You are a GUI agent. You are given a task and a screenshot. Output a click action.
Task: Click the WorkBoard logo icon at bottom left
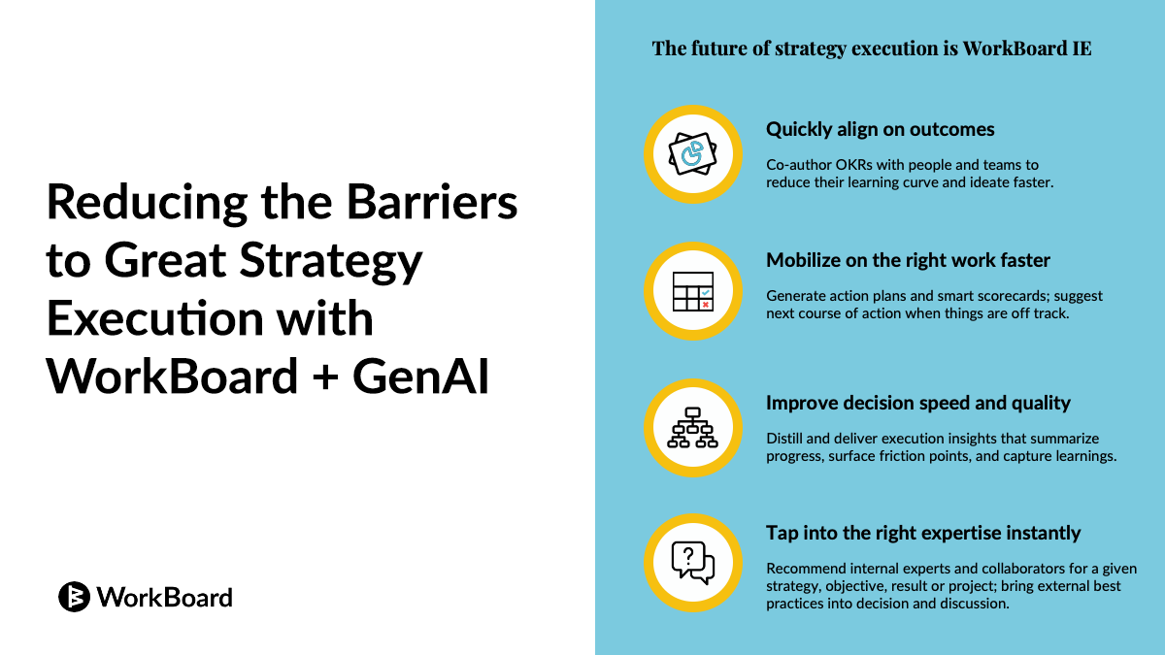coord(74,597)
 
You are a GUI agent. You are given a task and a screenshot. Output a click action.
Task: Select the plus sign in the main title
coord(324,376)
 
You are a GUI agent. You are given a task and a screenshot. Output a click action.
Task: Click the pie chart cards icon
coord(692,153)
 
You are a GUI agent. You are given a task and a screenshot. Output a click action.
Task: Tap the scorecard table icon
coord(692,290)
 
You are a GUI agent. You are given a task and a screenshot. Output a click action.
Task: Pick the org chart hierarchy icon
coord(692,427)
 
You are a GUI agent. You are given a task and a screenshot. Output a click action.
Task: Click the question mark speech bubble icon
coord(692,562)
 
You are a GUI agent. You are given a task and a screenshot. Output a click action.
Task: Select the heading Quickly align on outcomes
coord(880,129)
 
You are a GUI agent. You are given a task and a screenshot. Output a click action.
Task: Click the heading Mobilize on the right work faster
coord(908,260)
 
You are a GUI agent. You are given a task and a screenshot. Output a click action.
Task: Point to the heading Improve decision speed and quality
coord(917,403)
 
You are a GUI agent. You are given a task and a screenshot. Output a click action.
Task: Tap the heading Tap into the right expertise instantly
coord(922,533)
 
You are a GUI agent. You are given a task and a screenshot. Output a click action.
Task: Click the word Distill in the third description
coord(785,439)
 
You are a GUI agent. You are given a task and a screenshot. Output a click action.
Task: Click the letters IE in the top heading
coord(1082,49)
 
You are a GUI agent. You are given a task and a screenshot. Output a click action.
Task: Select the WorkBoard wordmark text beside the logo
coord(164,597)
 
